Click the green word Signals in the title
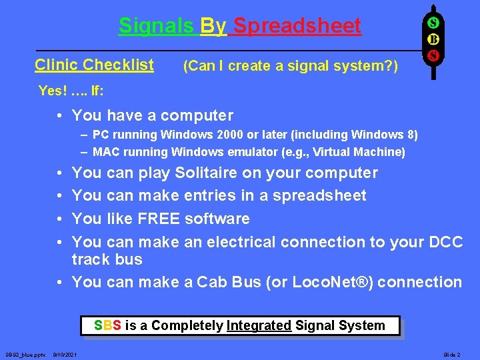click(x=156, y=26)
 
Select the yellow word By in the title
click(x=213, y=26)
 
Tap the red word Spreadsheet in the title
click(x=297, y=26)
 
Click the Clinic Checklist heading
click(x=94, y=65)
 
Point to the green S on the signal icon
click(x=432, y=23)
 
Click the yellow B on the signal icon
click(x=432, y=39)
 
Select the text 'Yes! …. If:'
click(x=71, y=91)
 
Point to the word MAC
click(x=105, y=152)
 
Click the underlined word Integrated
click(x=259, y=325)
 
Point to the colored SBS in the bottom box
click(x=107, y=325)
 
